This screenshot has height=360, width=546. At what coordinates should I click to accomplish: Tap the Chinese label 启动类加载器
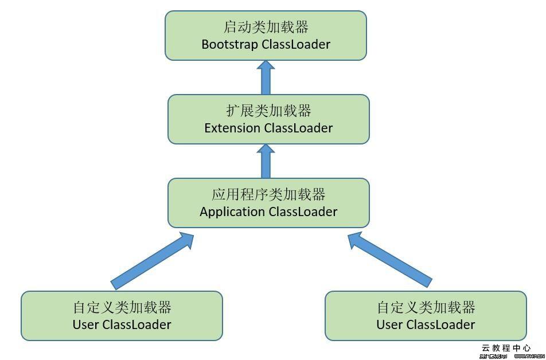(266, 27)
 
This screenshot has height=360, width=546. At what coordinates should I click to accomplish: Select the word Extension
(232, 128)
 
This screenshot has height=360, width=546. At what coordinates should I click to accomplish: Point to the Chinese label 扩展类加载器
(268, 111)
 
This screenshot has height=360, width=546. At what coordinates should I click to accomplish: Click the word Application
(232, 212)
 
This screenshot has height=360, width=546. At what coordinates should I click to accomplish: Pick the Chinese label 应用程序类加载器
(268, 194)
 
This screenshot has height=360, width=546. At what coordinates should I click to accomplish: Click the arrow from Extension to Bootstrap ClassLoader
(266, 77)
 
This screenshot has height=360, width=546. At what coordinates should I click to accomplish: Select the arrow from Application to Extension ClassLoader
(266, 161)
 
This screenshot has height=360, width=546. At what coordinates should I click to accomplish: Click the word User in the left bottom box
(85, 324)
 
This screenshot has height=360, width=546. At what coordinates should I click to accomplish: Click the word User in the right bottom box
(389, 324)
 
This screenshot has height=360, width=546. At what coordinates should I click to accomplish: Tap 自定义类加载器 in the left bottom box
(122, 307)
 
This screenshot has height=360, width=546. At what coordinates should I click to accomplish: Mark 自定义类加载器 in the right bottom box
(426, 307)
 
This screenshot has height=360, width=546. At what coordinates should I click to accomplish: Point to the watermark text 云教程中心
(505, 348)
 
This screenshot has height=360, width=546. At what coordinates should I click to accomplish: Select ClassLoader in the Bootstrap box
(296, 44)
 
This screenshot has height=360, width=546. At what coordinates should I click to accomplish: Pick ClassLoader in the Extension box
(298, 128)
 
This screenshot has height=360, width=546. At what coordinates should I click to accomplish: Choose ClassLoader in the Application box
(303, 212)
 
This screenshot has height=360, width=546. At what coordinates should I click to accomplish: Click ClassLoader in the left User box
(136, 324)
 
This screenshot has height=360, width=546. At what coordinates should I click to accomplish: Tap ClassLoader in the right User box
(440, 324)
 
